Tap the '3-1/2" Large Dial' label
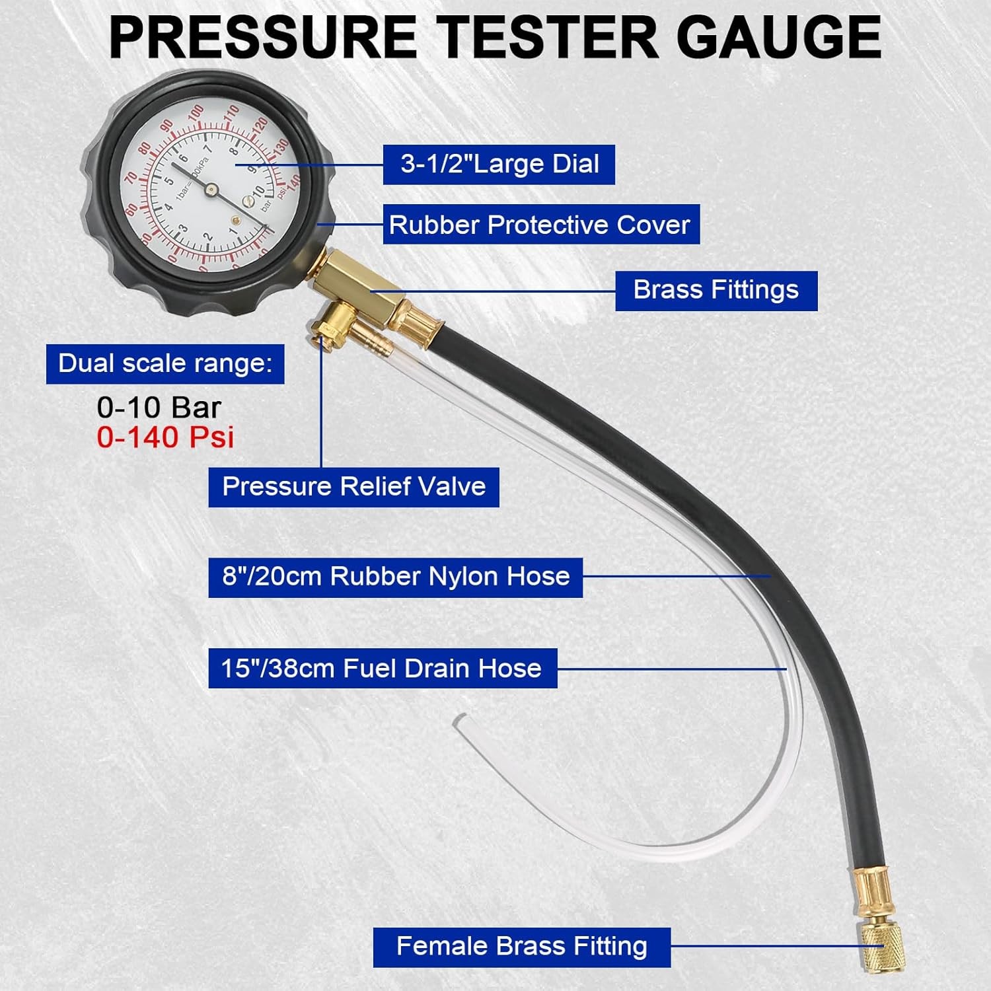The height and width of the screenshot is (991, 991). click(499, 165)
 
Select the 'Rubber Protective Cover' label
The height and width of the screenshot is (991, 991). click(541, 225)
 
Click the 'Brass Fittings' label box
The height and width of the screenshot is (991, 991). click(716, 291)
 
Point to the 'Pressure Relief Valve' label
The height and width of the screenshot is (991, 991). click(353, 488)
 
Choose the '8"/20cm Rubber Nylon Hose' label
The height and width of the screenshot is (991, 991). click(395, 577)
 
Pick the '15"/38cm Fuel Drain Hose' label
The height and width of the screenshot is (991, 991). click(383, 668)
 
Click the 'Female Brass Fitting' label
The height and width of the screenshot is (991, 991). click(522, 947)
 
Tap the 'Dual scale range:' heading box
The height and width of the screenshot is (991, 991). click(165, 363)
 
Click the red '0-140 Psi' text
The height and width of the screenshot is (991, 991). click(165, 437)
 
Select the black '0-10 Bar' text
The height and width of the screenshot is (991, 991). click(159, 408)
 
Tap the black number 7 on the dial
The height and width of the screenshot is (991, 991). click(207, 149)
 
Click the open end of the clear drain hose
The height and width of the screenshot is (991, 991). click(457, 719)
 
